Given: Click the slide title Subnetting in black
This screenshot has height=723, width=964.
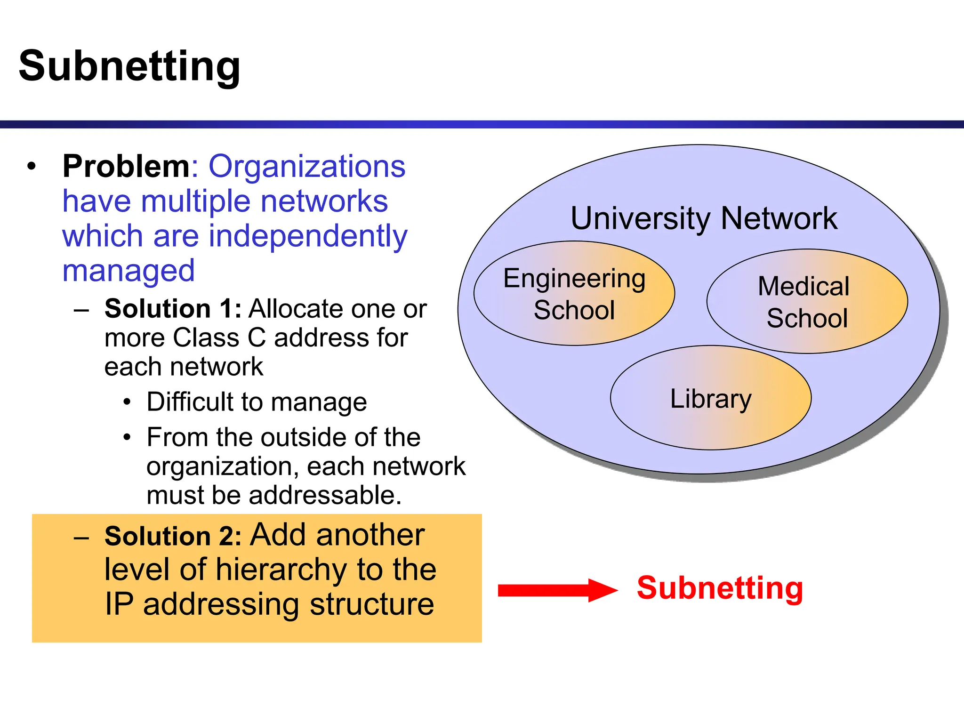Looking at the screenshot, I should (x=129, y=66).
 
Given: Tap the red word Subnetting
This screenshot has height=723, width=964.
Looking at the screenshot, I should (x=720, y=588).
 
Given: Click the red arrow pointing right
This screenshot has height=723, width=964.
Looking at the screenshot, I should (x=557, y=590).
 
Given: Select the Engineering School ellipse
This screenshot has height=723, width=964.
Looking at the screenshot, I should (x=574, y=294).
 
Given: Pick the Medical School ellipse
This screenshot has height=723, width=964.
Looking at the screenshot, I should (x=806, y=301).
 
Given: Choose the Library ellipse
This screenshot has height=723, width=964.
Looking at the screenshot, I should (x=710, y=398).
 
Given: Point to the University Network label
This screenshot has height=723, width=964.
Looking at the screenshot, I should (x=704, y=218).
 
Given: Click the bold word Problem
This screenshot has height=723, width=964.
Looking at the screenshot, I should (x=126, y=166).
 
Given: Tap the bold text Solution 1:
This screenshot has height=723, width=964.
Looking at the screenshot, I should (x=173, y=309).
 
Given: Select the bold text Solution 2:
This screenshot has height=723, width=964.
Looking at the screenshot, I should (x=173, y=536).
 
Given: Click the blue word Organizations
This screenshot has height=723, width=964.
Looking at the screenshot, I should (x=307, y=166).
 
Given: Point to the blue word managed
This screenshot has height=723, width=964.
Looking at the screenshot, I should (x=129, y=271).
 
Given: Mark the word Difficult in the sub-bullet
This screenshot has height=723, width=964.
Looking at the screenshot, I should (x=190, y=402).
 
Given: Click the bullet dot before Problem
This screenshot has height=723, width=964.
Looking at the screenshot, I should (x=32, y=166).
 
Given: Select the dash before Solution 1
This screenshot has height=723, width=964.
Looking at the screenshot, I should (x=81, y=310).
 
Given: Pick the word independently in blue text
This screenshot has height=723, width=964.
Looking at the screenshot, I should (x=308, y=236).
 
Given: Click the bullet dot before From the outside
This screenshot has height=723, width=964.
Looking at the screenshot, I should (x=127, y=438).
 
